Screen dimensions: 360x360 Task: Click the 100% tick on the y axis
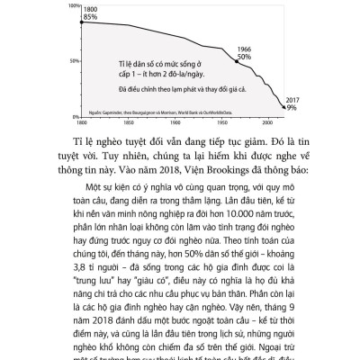pyautogui.click(x=72, y=4)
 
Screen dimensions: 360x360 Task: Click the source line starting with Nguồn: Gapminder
pyautogui.click(x=163, y=109)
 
